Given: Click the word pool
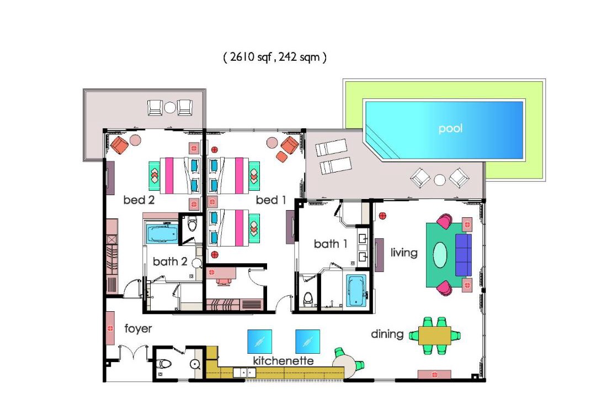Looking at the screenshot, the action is pyautogui.click(x=450, y=128).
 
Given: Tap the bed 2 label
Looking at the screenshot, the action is pyautogui.click(x=139, y=200).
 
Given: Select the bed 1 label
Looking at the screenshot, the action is pyautogui.click(x=271, y=200).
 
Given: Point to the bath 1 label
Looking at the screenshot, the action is pyautogui.click(x=331, y=244).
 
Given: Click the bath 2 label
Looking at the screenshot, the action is pyautogui.click(x=170, y=261).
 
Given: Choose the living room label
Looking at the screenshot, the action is pyautogui.click(x=404, y=253).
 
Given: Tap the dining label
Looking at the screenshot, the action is pyautogui.click(x=387, y=334).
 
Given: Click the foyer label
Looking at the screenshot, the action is pyautogui.click(x=139, y=328).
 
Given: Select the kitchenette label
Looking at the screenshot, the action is pyautogui.click(x=284, y=360).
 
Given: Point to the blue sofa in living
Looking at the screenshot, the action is pyautogui.click(x=464, y=255).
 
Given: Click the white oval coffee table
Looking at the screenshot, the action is pyautogui.click(x=440, y=255).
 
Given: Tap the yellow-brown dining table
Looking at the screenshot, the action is pyautogui.click(x=435, y=336).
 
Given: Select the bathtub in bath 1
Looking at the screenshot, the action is pyautogui.click(x=356, y=290).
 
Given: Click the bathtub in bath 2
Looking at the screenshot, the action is pyautogui.click(x=162, y=234).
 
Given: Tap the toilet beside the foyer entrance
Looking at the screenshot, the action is pyautogui.click(x=165, y=364).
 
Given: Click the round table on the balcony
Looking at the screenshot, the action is pyautogui.click(x=169, y=108).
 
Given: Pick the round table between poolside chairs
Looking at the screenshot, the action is pyautogui.click(x=440, y=180).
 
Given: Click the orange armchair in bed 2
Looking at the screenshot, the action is pyautogui.click(x=120, y=145).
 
